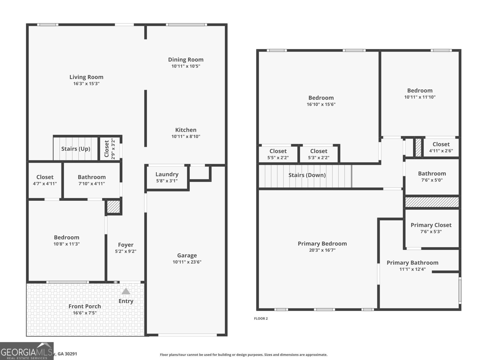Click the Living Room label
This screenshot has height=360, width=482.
(x=86, y=77)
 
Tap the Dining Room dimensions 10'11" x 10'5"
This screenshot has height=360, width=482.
(x=186, y=66)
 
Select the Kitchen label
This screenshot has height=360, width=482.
(x=186, y=130)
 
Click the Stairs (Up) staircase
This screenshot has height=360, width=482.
(x=76, y=149)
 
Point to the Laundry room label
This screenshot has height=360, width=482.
(x=167, y=174)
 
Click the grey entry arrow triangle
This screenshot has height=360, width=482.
(x=126, y=291)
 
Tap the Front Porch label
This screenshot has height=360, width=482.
(x=85, y=306)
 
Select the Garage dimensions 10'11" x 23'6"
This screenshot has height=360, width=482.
(x=187, y=262)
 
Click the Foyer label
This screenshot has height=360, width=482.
(x=126, y=245)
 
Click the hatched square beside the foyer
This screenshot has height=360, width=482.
(x=114, y=207)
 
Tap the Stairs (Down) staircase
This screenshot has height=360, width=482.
(x=307, y=175)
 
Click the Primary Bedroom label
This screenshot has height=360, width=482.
(x=322, y=244)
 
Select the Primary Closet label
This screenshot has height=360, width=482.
(x=431, y=225)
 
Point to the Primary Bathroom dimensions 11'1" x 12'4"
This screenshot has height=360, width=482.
(x=412, y=269)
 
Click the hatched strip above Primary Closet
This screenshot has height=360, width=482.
(x=431, y=202)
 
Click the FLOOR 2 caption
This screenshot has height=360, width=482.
(x=261, y=318)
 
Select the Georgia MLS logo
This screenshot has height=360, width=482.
(x=27, y=351)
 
